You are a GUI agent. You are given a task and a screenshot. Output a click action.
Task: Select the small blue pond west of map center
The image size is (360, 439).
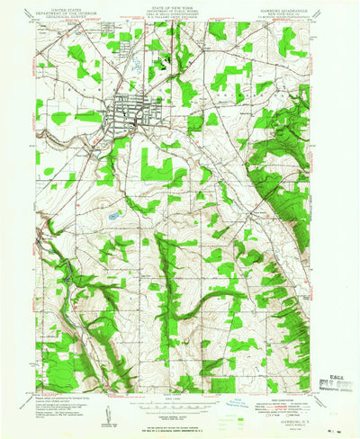coord(113,216)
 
